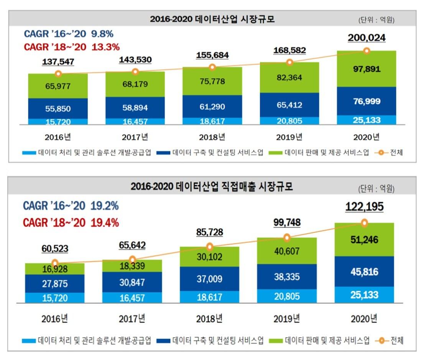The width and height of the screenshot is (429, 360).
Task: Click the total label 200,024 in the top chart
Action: pyautogui.click(x=367, y=38)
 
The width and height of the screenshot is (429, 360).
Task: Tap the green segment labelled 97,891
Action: pyautogui.click(x=367, y=69)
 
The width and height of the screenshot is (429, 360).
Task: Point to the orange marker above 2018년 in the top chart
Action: pyautogui.click(x=212, y=67)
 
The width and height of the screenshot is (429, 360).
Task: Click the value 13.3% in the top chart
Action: pyautogui.click(x=106, y=47)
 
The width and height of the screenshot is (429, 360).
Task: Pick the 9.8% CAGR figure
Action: pyautogui.click(x=102, y=34)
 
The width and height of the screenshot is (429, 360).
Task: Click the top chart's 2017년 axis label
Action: pyautogui.click(x=135, y=136)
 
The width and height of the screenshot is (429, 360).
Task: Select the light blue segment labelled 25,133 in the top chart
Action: pyautogui.click(x=367, y=120)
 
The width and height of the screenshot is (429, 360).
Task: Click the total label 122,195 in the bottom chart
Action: pyautogui.click(x=364, y=207)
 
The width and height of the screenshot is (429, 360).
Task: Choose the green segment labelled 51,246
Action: pyautogui.click(x=364, y=240)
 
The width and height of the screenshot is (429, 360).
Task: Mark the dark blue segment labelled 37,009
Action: pyautogui.click(x=209, y=279)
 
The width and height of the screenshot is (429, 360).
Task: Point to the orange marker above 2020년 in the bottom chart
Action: pyautogui.click(x=364, y=223)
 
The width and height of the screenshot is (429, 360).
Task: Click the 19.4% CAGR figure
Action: pyautogui.click(x=105, y=222)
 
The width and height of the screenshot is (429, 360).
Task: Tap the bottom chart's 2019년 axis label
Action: pyautogui.click(x=287, y=318)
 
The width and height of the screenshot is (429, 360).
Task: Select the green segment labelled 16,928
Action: pyautogui.click(x=55, y=270)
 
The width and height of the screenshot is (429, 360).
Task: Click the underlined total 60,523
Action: pyautogui.click(x=55, y=249)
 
